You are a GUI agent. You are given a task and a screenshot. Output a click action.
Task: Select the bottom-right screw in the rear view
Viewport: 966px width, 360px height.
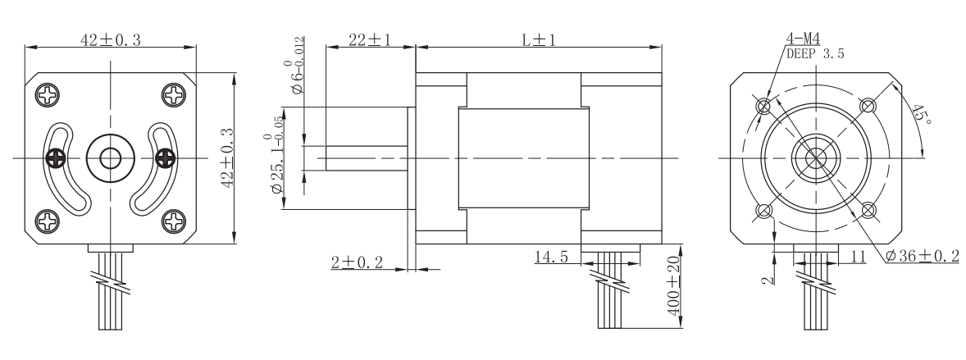(175, 220)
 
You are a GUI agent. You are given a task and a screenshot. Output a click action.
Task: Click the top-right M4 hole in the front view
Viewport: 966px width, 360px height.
(868, 106)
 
